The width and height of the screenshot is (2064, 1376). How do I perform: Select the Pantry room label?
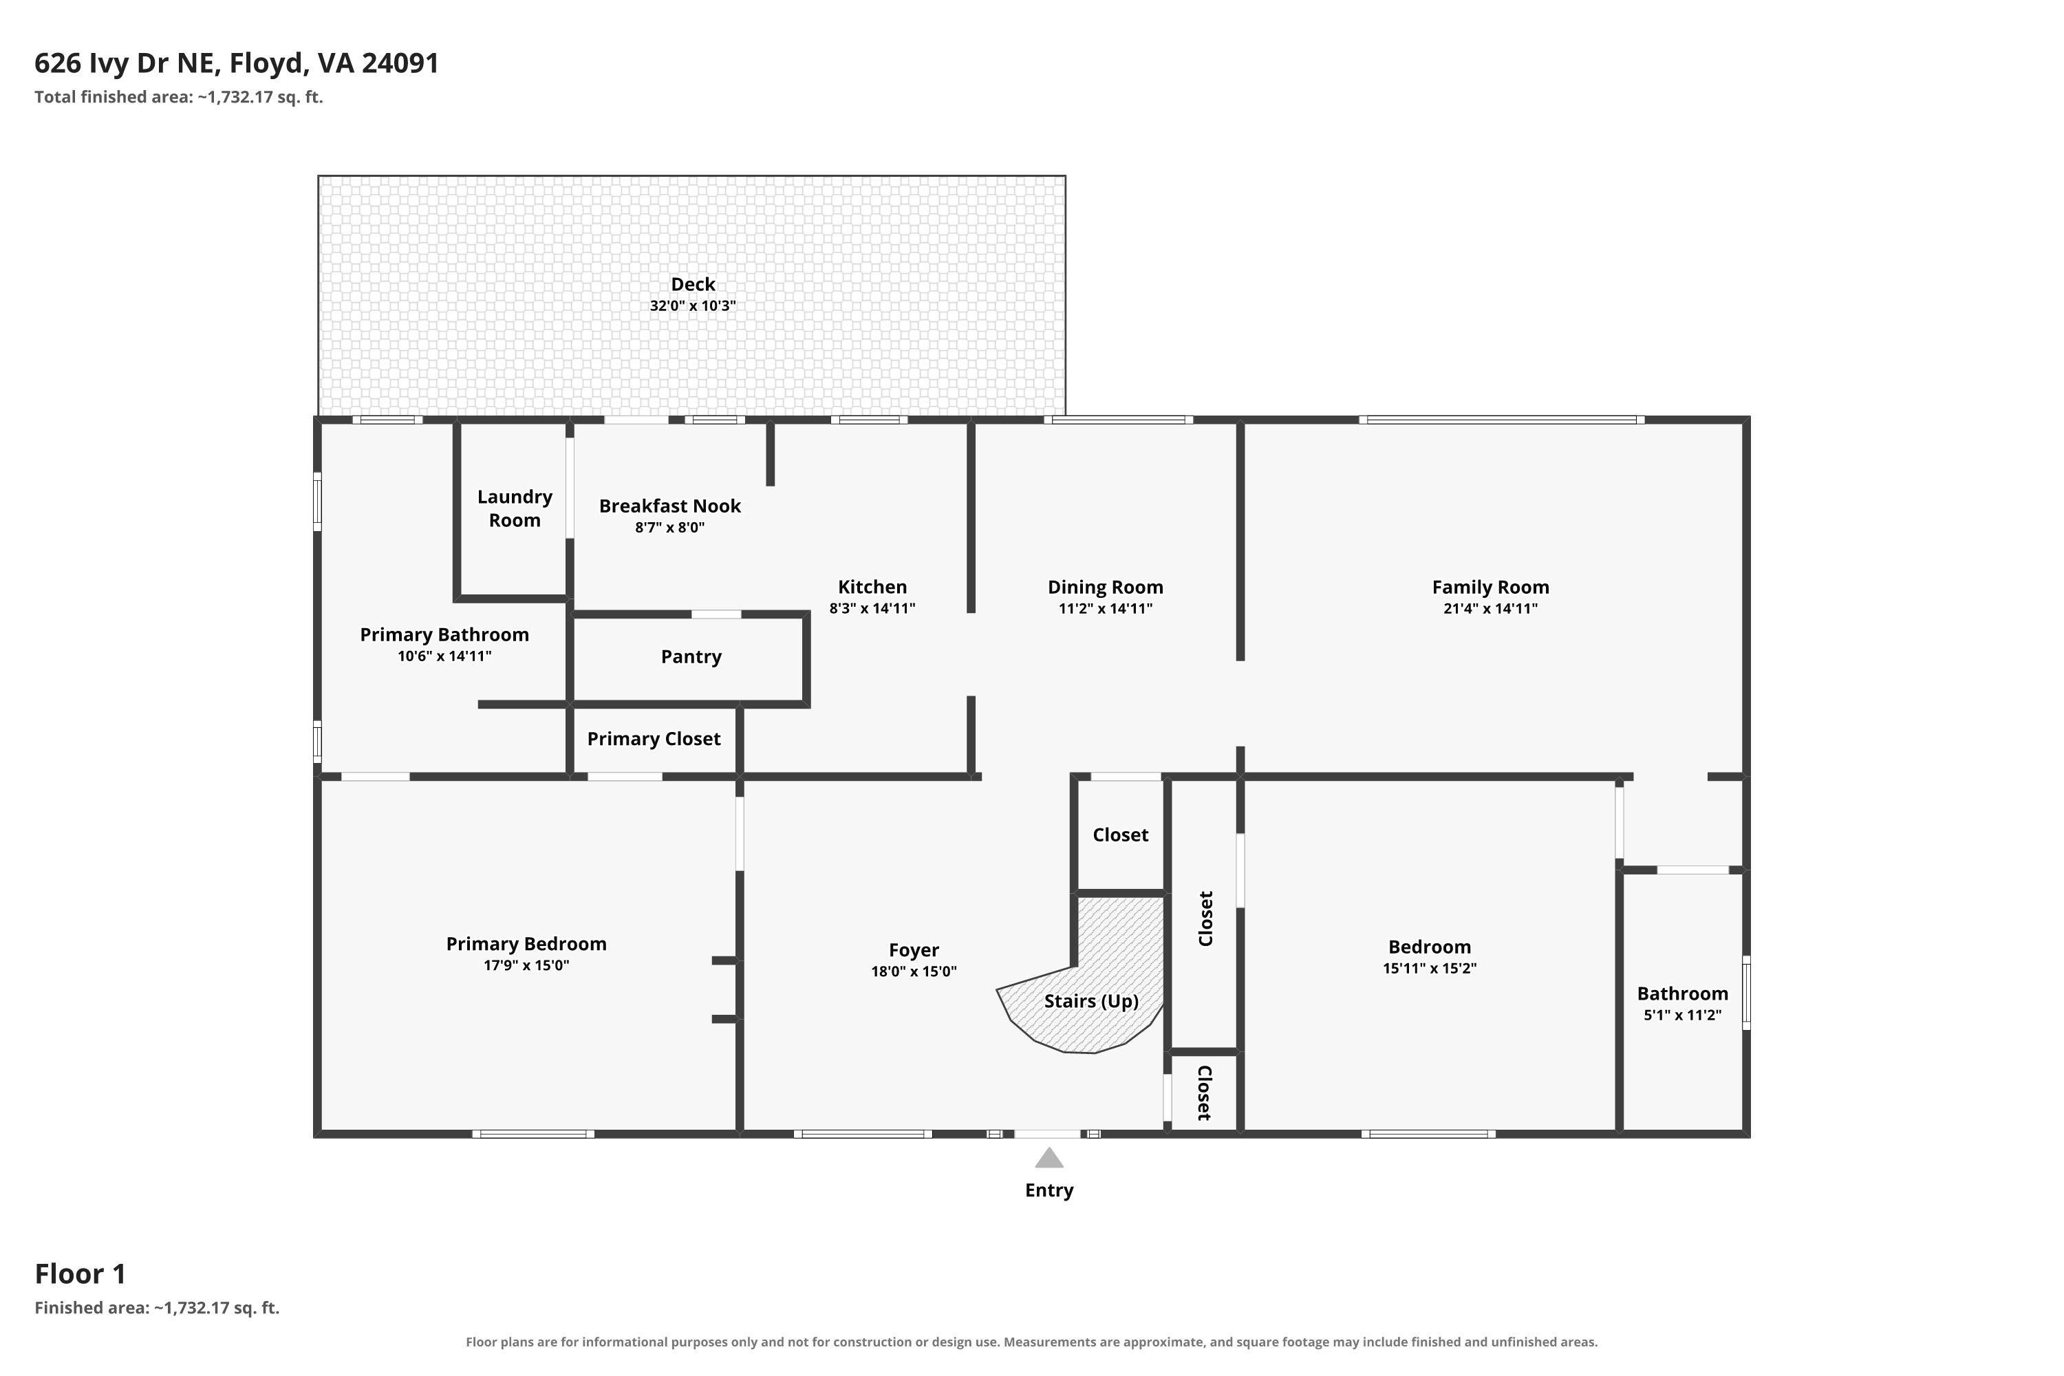(x=691, y=656)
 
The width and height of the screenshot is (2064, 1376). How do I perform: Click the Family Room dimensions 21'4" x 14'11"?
(x=1490, y=608)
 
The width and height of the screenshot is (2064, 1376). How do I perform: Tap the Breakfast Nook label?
(x=669, y=506)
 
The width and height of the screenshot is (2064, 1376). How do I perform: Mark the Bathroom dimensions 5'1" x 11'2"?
(x=1682, y=1015)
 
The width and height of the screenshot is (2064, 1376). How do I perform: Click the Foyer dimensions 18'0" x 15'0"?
(x=914, y=971)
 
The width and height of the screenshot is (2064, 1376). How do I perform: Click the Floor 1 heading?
(x=80, y=1273)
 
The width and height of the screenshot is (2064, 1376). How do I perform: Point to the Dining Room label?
(x=1105, y=587)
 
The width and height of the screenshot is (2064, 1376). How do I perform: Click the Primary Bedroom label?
(x=526, y=943)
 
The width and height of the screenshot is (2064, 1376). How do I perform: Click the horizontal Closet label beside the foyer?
(x=1120, y=835)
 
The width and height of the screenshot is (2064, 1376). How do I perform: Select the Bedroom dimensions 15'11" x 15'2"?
(x=1430, y=968)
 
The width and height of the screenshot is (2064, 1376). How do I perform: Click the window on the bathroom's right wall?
(x=1745, y=993)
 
